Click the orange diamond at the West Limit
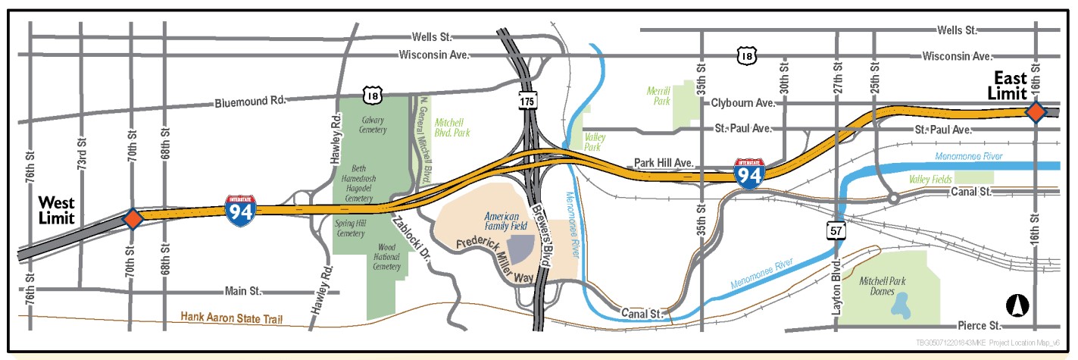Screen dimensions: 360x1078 pos(133,219)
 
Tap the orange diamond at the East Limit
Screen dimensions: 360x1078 pos(1035,112)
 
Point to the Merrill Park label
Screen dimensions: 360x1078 pos(659,94)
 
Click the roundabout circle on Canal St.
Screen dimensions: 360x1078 pos(894,199)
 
